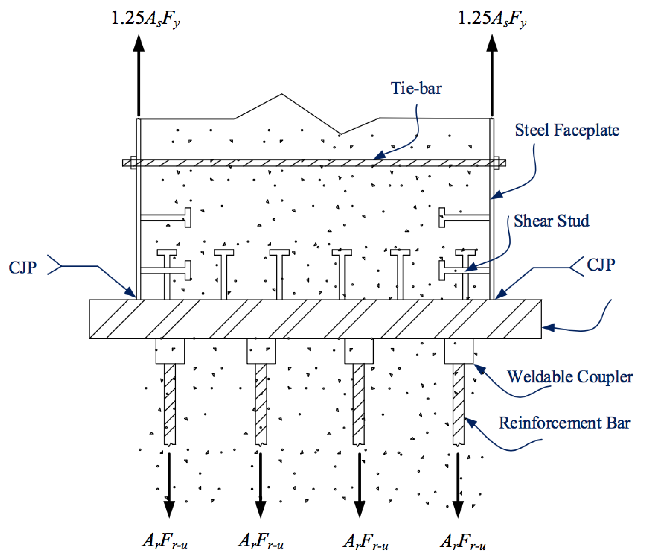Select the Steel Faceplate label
pyautogui.click(x=567, y=130)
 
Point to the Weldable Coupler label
pyautogui.click(x=570, y=377)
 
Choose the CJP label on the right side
pyautogui.click(x=601, y=265)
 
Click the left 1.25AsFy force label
pyautogui.click(x=145, y=19)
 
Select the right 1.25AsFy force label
pyautogui.click(x=492, y=19)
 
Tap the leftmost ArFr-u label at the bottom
pyautogui.click(x=164, y=541)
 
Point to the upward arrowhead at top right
pyautogui.click(x=492, y=43)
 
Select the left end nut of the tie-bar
pyautogui.click(x=133, y=163)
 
